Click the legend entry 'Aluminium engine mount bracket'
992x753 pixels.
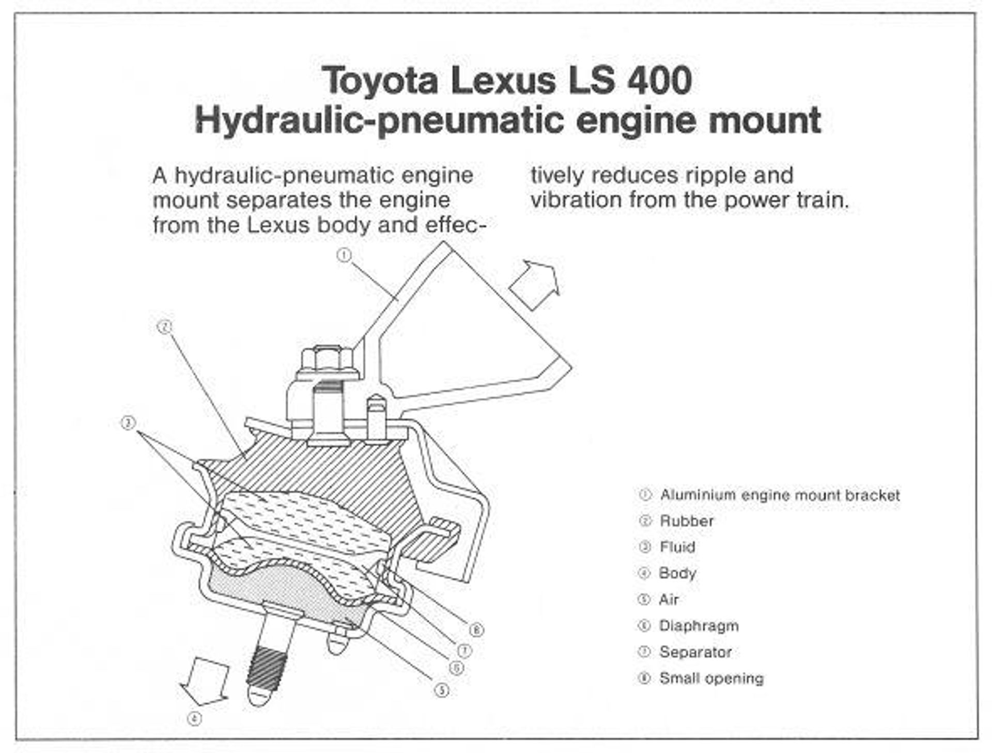click(780, 495)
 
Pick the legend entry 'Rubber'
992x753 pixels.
click(687, 521)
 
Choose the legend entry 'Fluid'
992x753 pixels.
click(677, 547)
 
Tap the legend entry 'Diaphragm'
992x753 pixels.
click(699, 625)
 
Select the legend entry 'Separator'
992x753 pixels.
click(695, 652)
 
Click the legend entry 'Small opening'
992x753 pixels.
click(711, 678)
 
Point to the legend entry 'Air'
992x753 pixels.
click(669, 600)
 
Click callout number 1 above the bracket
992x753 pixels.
click(344, 255)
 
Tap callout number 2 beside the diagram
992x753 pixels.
click(164, 327)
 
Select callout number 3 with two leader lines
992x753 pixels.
click(128, 423)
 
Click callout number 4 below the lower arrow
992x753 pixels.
click(194, 718)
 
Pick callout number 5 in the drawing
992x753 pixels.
click(441, 690)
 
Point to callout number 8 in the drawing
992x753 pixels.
click(476, 630)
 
